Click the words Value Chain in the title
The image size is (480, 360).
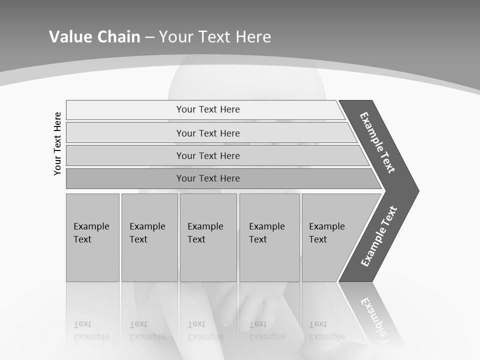(94, 36)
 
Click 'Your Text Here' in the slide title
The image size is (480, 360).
(215, 36)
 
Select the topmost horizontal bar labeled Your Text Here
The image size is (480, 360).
(207, 109)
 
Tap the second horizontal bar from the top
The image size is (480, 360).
(207, 133)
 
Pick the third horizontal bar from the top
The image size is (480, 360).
(207, 155)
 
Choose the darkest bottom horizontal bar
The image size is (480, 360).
(207, 178)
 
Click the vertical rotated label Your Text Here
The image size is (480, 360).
(57, 143)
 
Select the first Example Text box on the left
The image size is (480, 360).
(92, 237)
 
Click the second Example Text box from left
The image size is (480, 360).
(149, 237)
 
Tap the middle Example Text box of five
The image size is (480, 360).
(207, 237)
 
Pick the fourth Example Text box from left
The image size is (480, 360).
(269, 237)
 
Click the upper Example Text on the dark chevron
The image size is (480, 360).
(377, 142)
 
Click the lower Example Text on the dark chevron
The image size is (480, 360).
(378, 236)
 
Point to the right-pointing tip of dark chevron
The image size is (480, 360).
(417, 191)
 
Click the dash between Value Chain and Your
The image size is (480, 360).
(149, 37)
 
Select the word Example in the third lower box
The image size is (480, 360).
(205, 226)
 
